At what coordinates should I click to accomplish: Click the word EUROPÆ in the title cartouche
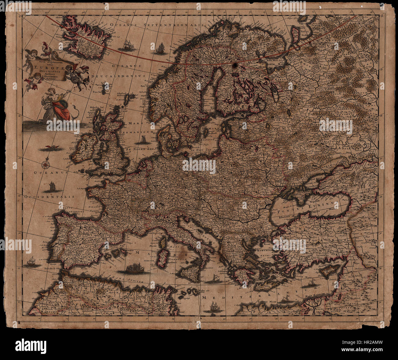point(45,68)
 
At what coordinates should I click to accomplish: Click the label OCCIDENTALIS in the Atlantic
point(50,197)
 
